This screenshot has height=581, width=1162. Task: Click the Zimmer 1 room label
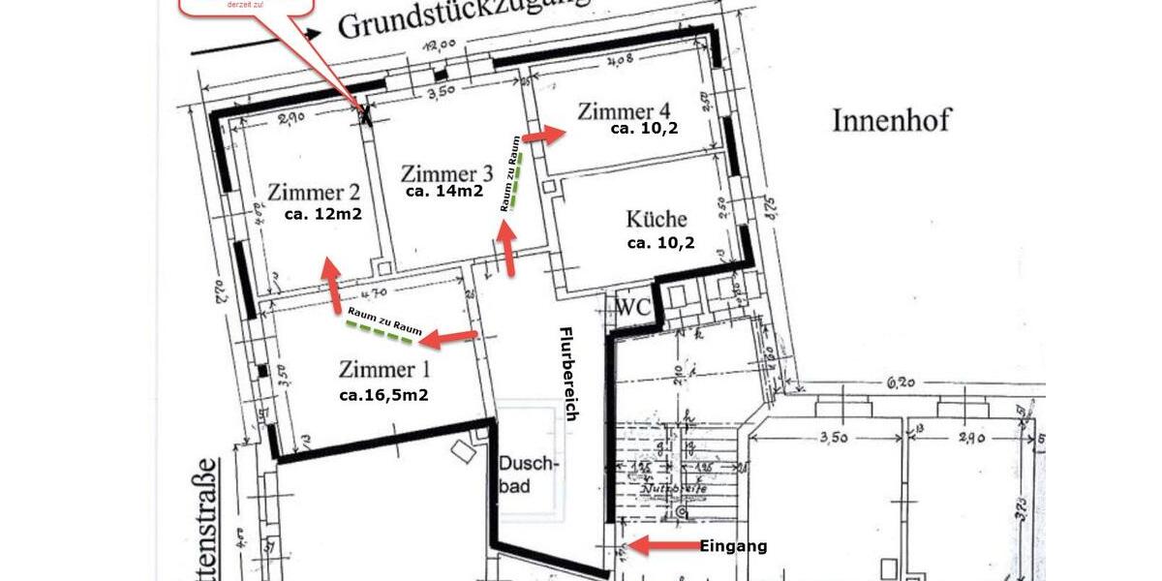pyautogui.click(x=383, y=369)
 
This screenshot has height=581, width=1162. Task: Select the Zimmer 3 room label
pyautogui.click(x=446, y=173)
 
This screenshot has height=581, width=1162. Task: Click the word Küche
pyautogui.click(x=657, y=219)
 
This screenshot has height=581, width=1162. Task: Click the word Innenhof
pyautogui.click(x=892, y=120)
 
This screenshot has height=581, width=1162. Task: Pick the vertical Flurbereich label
pyautogui.click(x=569, y=374)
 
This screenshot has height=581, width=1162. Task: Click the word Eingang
pyautogui.click(x=733, y=546)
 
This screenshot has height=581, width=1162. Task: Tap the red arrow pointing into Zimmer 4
pyautogui.click(x=543, y=135)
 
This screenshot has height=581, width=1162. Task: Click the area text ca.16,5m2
pyautogui.click(x=383, y=395)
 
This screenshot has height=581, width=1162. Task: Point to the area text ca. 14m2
pyautogui.click(x=444, y=192)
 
